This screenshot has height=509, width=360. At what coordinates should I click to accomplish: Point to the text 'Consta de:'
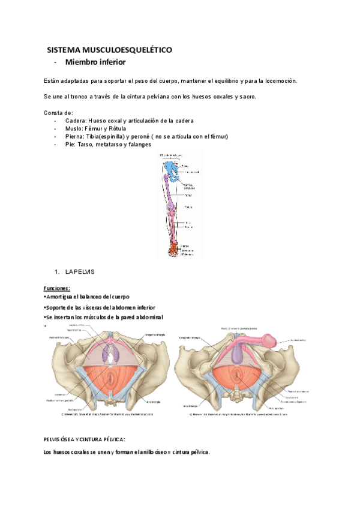[x=59, y=113]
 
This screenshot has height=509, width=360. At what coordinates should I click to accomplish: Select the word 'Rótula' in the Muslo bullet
[x=115, y=128]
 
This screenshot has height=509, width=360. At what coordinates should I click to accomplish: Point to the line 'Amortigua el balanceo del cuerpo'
[x=88, y=297]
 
